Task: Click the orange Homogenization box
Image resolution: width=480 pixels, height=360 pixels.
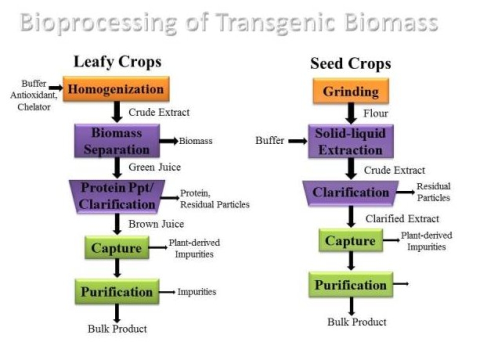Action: click(116, 89)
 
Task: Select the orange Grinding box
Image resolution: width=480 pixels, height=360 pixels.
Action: click(350, 91)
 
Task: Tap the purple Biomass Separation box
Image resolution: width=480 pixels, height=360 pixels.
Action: click(117, 141)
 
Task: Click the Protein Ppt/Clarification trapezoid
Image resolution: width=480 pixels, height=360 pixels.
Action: click(118, 196)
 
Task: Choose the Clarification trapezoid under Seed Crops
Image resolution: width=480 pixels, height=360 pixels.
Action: click(351, 193)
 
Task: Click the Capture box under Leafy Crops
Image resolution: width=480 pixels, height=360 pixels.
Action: click(117, 247)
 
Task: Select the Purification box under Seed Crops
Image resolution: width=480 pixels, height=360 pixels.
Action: click(350, 285)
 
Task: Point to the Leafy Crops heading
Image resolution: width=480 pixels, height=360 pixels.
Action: click(117, 62)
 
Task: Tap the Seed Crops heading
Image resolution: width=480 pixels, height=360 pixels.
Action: click(350, 64)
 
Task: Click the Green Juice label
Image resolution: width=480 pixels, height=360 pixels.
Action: click(154, 167)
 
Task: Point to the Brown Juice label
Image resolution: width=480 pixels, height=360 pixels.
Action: click(156, 224)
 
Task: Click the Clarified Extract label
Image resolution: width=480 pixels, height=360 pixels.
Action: click(402, 218)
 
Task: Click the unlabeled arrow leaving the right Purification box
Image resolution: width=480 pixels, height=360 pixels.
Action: click(401, 284)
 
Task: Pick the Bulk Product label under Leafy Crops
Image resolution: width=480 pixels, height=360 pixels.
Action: click(117, 329)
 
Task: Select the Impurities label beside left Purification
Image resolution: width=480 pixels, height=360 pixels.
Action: click(196, 292)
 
